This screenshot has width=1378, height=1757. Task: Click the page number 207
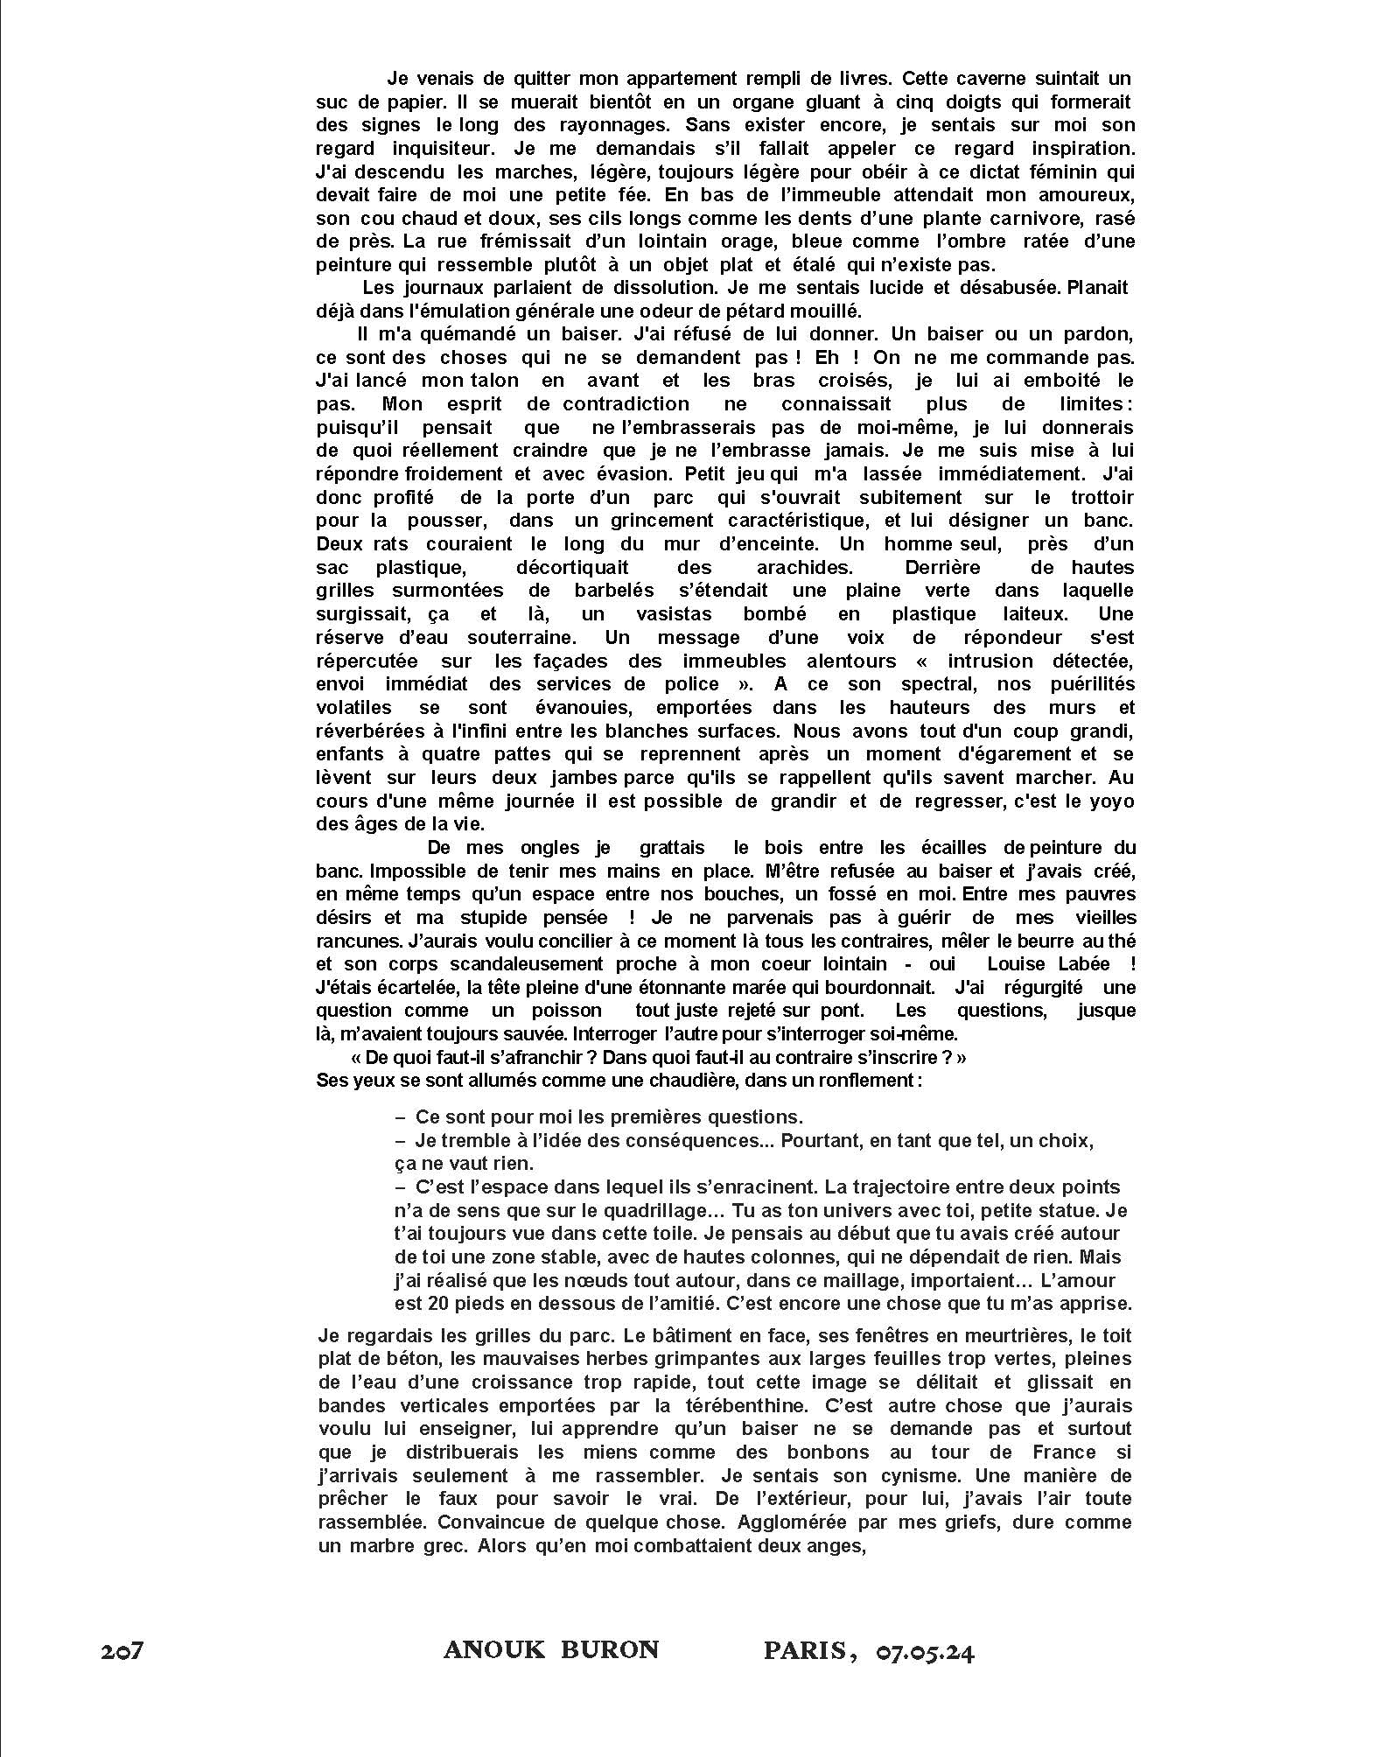point(122,1652)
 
